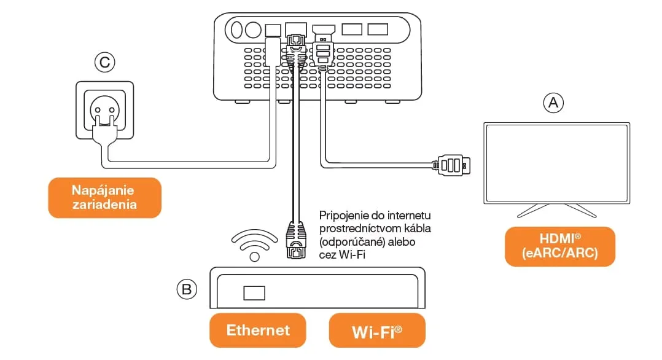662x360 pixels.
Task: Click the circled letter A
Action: pos(553,103)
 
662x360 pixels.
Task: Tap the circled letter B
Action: pos(187,289)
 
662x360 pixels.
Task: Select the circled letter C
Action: pos(104,62)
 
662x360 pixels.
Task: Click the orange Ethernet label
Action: pos(257,331)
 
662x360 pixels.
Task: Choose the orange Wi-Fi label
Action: pos(377,331)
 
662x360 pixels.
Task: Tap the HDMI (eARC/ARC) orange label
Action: pos(560,246)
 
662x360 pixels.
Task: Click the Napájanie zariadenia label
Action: pos(104,198)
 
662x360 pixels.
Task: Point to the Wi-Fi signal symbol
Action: pos(254,245)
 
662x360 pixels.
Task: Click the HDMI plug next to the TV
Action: pos(451,165)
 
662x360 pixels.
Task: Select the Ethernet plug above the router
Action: pos(296,240)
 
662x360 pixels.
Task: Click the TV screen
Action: pos(556,163)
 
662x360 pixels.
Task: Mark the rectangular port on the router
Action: pos(254,293)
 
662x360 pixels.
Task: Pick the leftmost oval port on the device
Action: pos(237,30)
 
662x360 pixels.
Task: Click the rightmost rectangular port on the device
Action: pos(378,29)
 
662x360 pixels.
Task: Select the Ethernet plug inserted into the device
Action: pos(296,51)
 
